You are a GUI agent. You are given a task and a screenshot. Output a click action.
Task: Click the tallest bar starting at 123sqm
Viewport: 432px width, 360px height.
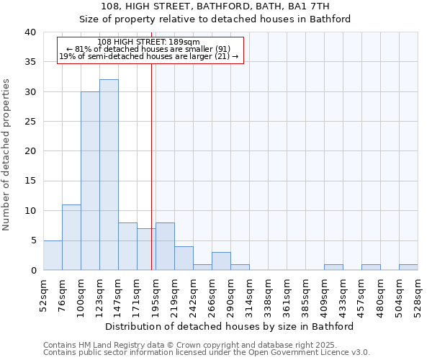point(109,175)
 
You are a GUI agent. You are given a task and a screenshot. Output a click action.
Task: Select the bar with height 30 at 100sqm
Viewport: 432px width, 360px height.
point(90,181)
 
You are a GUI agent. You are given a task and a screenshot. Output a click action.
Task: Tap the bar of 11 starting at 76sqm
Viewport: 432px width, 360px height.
point(71,238)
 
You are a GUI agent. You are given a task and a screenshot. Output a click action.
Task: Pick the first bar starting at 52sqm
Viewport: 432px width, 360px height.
point(53,256)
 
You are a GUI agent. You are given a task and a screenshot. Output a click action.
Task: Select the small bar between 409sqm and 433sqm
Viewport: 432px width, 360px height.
point(333,267)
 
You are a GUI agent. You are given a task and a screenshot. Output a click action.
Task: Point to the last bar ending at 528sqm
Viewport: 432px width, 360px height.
point(408,267)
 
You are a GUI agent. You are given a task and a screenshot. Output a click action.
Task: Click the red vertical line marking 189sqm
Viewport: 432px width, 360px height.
point(151,166)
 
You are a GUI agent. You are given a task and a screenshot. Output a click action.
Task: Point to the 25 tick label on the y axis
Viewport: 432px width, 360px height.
point(30,122)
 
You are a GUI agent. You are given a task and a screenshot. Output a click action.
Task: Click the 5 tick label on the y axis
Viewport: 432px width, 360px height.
point(33,240)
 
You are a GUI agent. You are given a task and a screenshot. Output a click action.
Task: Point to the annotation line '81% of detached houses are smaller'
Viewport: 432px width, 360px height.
point(148,49)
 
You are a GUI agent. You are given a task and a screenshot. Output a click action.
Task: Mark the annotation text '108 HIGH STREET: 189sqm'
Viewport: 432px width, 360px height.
point(148,42)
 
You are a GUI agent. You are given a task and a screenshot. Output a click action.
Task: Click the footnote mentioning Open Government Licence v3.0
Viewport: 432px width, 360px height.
point(207,353)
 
